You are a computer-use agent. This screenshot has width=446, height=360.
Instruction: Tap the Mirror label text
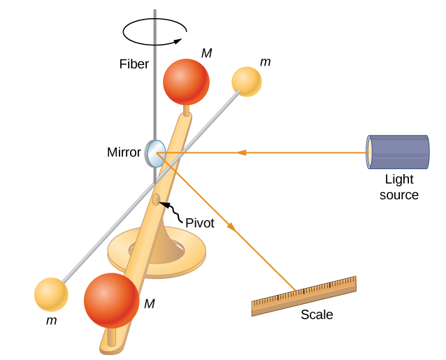pos(124,152)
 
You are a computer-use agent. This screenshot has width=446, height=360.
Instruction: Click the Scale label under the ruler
pos(317,315)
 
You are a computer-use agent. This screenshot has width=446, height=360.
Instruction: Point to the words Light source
pos(399,187)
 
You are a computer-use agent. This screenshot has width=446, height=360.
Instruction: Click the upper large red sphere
pos(186,81)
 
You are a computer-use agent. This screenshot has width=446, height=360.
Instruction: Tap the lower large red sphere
pos(112,301)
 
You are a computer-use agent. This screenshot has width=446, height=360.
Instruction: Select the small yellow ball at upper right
pos(247,81)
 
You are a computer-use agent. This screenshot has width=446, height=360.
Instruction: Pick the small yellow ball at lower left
pos(51,294)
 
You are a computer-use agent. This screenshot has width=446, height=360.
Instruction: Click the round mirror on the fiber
pos(154,152)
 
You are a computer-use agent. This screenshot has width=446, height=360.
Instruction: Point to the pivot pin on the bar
pos(156,200)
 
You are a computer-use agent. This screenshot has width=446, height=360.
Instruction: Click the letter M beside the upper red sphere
pos(206,54)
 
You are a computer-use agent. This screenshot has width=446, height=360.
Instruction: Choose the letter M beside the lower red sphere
pos(149,303)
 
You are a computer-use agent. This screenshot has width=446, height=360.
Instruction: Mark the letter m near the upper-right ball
pos(265,63)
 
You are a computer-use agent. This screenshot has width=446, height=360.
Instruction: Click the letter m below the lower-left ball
pos(51,322)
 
